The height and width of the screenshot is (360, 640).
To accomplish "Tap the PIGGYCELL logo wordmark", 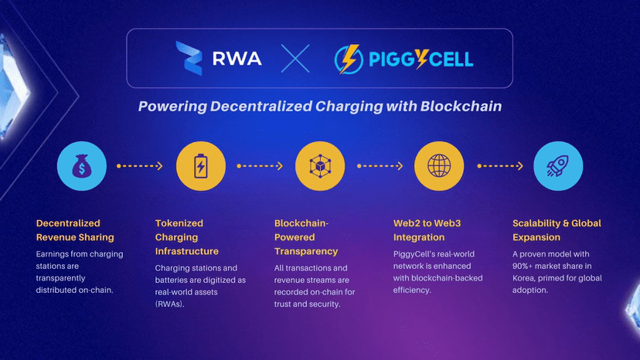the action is point(424,58).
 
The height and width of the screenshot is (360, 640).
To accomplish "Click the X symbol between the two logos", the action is point(295,58).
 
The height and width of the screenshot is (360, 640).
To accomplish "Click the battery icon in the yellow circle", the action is point(200,165).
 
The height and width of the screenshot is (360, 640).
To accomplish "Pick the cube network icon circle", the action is point(319,165).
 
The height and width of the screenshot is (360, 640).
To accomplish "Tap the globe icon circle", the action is point(438,165).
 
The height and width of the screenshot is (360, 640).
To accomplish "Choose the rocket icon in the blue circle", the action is point(557,165).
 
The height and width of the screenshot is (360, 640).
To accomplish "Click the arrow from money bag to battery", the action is point(140,165).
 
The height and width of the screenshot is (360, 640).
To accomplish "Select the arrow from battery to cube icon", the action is point(260,165).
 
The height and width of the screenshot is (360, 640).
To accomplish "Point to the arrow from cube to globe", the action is point(379,165).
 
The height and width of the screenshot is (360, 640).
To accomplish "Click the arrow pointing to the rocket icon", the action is point(498,165).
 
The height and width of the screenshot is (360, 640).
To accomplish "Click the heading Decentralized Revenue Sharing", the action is point(75,230).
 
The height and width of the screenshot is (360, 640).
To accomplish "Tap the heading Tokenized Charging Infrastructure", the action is point(187,237).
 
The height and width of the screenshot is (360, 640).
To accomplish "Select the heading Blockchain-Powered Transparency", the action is point(306,237).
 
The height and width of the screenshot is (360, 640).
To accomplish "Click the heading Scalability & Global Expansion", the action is point(557,230).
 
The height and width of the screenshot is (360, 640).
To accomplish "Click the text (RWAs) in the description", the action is point(172,305).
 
